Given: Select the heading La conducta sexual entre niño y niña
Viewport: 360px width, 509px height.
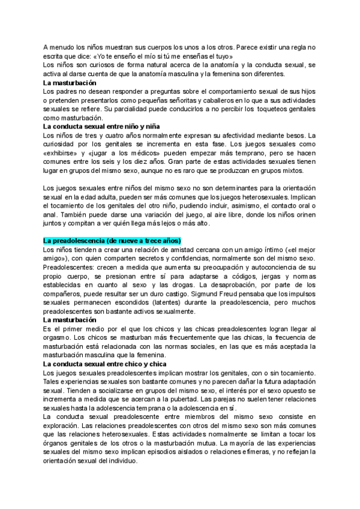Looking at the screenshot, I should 101,127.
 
